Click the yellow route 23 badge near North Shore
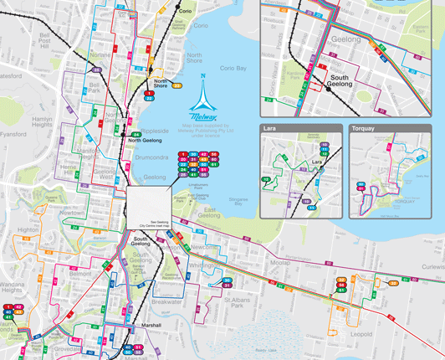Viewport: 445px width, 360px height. tap(177, 85)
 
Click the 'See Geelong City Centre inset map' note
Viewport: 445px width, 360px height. tap(154, 224)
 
